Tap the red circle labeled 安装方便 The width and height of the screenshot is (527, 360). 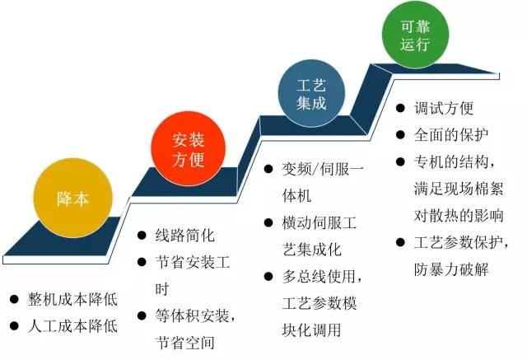(188, 148)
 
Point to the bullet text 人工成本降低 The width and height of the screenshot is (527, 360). (72, 325)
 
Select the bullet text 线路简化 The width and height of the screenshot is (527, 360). (184, 235)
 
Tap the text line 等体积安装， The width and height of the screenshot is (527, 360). (197, 316)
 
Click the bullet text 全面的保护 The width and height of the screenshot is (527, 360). (451, 134)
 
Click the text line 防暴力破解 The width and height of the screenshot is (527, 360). (451, 269)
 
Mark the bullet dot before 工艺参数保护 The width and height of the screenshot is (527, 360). (399, 243)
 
